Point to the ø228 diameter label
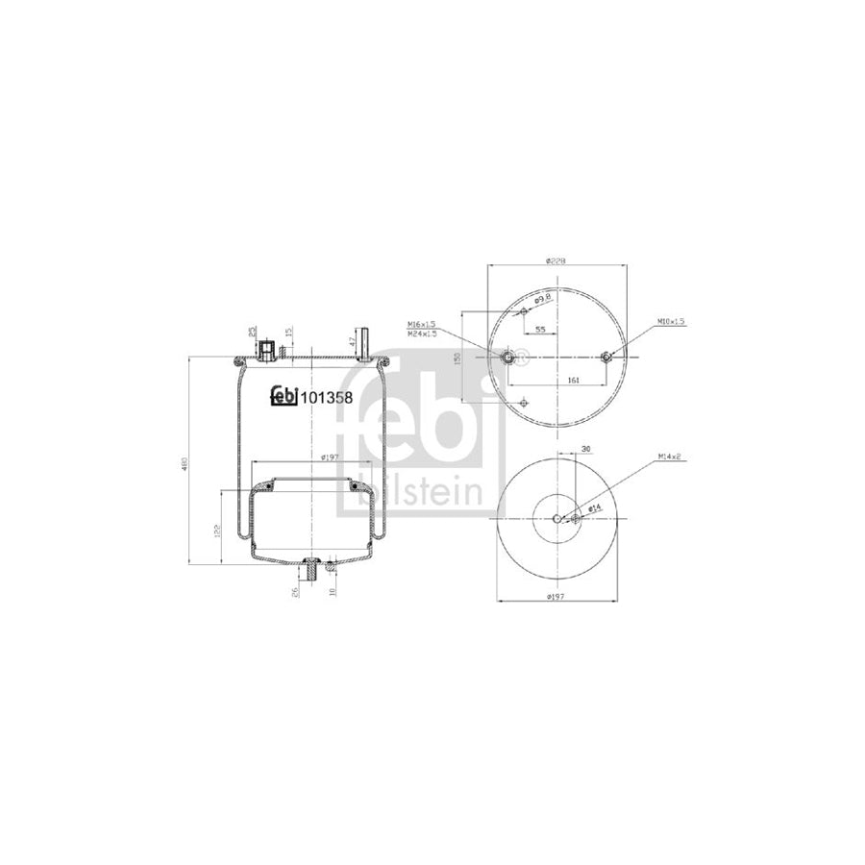point(555,260)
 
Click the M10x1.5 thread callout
point(672,321)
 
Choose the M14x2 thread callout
point(670,457)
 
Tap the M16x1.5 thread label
point(422,324)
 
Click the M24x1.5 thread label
point(422,333)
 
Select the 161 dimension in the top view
point(574,381)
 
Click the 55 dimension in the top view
point(541,330)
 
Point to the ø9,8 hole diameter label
point(542,299)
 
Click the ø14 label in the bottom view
point(595,507)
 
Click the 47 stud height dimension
point(353,341)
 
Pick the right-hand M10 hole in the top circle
point(605,358)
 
